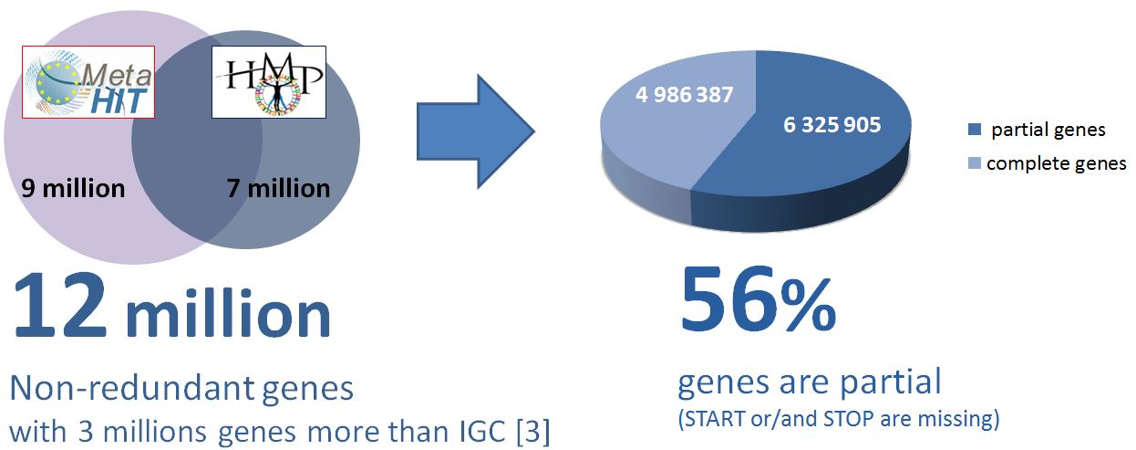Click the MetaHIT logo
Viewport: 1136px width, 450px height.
(x=88, y=82)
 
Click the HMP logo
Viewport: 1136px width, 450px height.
(x=269, y=82)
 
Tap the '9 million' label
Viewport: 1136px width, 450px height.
(x=73, y=188)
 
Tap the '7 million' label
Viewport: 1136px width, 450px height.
(x=278, y=188)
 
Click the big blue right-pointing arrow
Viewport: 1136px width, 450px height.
(x=476, y=131)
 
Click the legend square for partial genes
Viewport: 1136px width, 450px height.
(x=975, y=129)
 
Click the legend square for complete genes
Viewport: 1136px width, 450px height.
(x=975, y=163)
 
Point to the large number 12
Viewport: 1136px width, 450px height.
(x=60, y=305)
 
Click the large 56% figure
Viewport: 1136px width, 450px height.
(x=757, y=298)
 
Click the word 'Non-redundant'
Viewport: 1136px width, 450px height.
(x=131, y=388)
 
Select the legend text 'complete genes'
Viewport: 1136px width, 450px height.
(x=1057, y=163)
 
